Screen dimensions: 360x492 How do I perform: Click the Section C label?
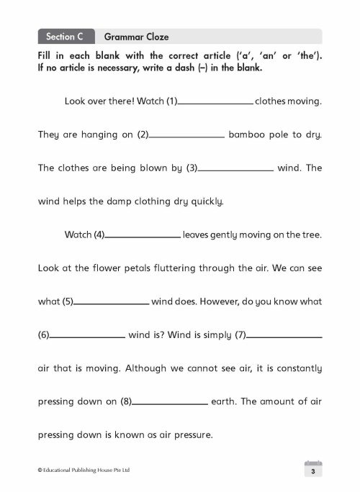point(66,35)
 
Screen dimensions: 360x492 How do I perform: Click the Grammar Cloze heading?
point(137,35)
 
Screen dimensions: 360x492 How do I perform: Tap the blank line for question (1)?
point(215,103)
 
